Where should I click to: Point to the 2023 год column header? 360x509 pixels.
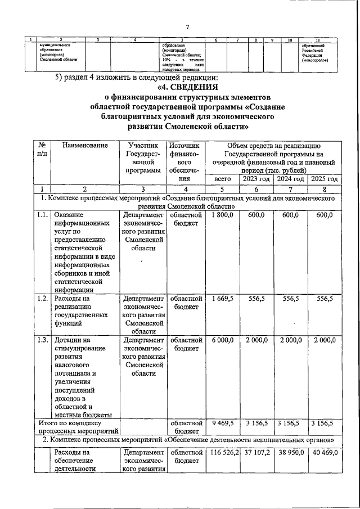[x=256, y=179]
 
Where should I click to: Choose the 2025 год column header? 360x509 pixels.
[x=325, y=179]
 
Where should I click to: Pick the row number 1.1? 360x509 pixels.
[x=42, y=215]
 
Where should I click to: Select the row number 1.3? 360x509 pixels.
[x=42, y=340]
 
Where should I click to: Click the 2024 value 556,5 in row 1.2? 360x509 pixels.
[x=290, y=299]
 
